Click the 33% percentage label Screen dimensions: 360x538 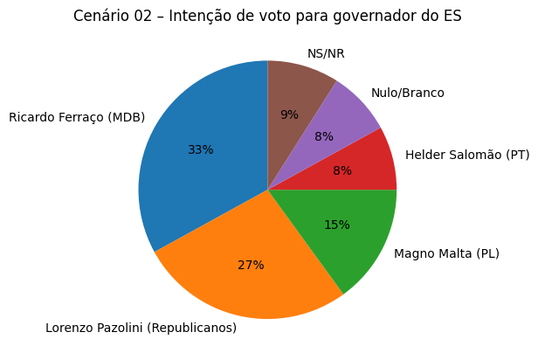[201, 150]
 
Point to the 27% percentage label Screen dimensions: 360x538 [251, 265]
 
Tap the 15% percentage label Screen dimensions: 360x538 [337, 225]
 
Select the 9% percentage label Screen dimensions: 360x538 [289, 114]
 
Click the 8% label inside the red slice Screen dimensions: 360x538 [342, 171]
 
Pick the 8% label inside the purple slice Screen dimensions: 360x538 [324, 136]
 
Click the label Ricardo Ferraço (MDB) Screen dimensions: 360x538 [77, 117]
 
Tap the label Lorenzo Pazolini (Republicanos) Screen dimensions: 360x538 [141, 329]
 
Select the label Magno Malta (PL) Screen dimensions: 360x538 [446, 253]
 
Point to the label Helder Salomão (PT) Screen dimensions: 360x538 [468, 155]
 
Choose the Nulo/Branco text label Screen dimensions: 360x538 [408, 93]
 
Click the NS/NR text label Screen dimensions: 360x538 [326, 53]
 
